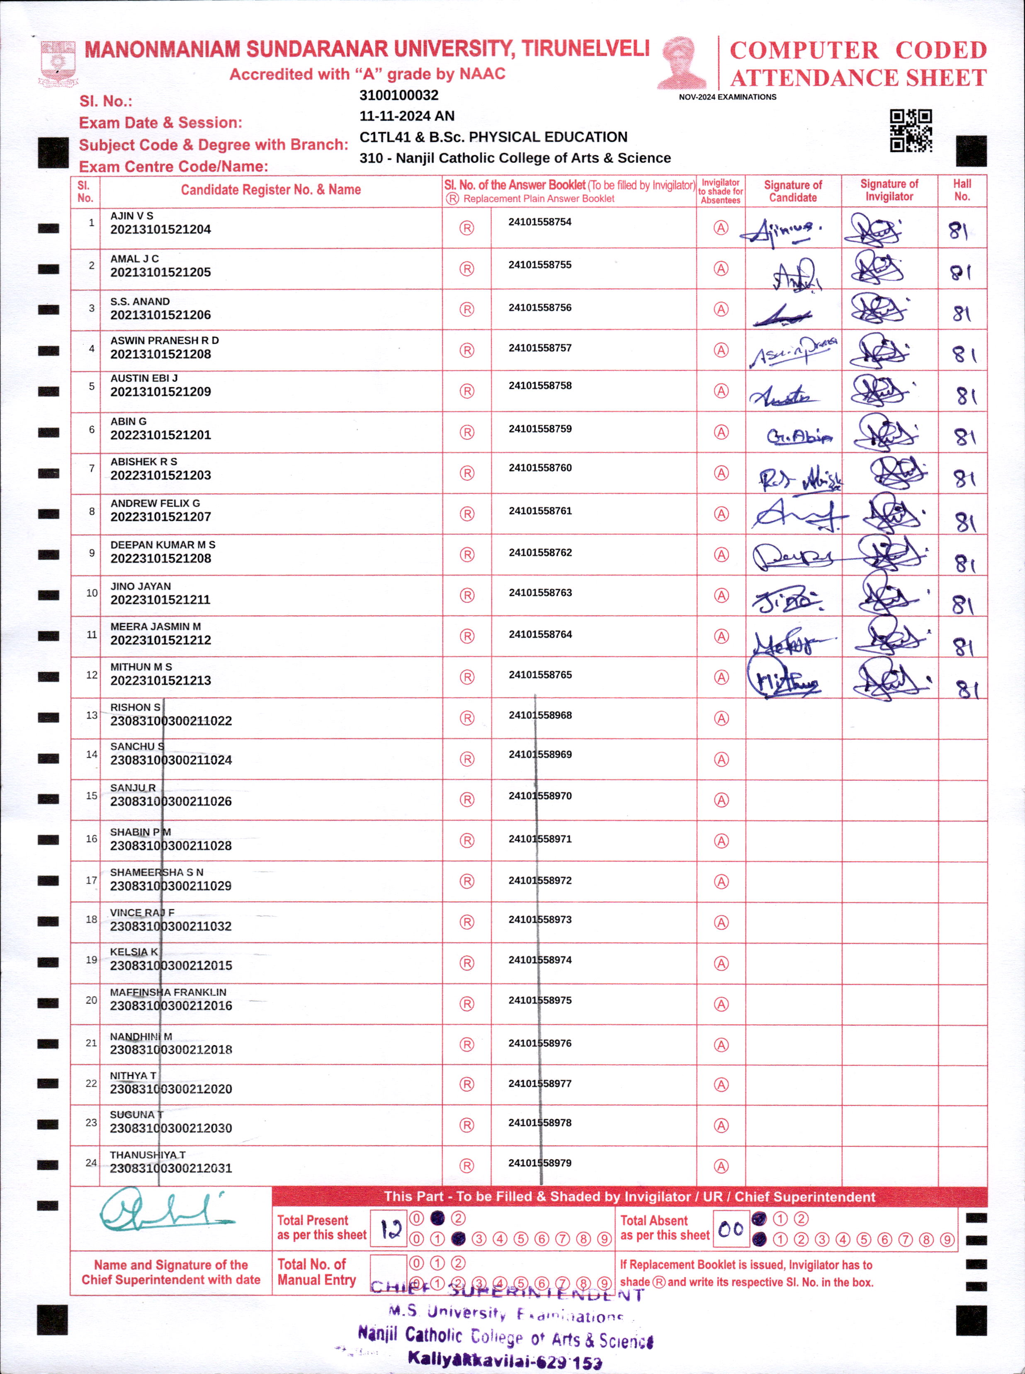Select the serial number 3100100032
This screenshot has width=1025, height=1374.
tap(398, 95)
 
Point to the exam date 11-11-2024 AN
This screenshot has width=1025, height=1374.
tap(406, 116)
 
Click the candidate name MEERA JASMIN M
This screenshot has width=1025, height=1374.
tap(155, 626)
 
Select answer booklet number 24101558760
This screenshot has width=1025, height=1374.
tap(540, 468)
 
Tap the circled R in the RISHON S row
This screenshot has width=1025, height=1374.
tap(466, 719)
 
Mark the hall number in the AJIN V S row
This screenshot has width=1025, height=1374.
tap(959, 231)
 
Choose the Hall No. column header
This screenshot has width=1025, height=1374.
tap(962, 190)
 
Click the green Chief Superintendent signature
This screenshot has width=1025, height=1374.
tap(165, 1210)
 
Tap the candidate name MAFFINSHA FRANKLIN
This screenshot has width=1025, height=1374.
tap(168, 993)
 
